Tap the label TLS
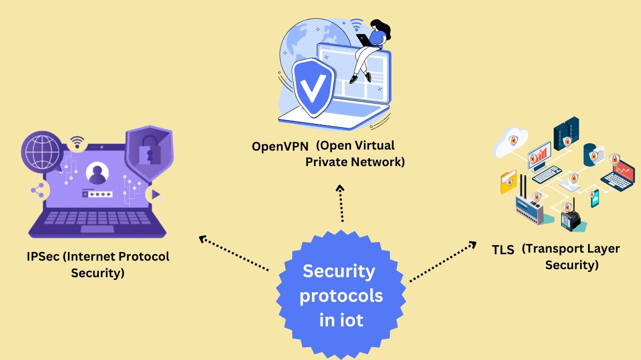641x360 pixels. (503, 249)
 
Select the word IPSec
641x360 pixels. (43, 256)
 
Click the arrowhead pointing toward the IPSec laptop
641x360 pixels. (202, 239)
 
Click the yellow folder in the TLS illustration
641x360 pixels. (508, 182)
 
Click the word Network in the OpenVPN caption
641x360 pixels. (376, 162)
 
